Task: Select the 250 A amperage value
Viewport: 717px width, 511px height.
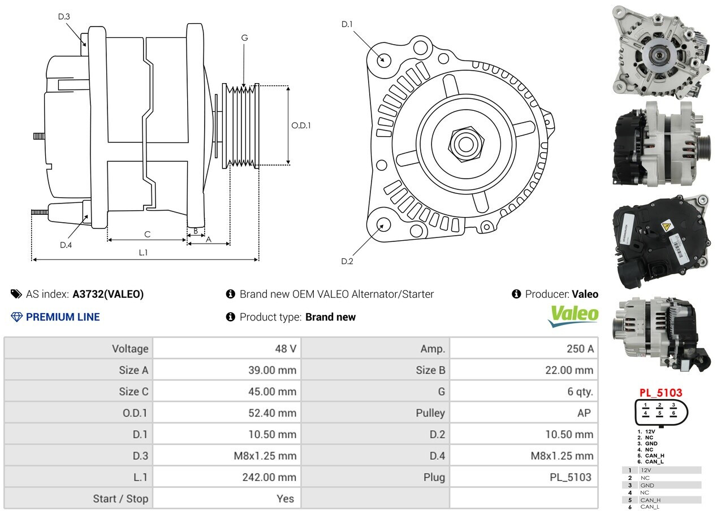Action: tap(580, 348)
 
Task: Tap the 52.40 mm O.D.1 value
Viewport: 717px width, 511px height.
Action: tap(272, 413)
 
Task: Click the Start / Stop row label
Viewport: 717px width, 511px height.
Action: tap(120, 499)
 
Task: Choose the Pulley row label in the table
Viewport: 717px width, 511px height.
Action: tap(430, 413)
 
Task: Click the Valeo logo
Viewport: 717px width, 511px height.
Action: tap(573, 316)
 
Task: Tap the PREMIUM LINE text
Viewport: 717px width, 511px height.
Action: tap(63, 317)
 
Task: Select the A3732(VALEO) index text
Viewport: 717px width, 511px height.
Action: tap(108, 294)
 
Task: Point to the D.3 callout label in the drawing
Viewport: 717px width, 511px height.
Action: tap(64, 16)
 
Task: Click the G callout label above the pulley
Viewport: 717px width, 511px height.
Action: tap(244, 38)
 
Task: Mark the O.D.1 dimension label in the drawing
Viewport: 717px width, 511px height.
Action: tap(301, 125)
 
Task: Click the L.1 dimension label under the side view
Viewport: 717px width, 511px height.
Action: tap(143, 253)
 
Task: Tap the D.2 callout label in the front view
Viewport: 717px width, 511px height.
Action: tap(347, 261)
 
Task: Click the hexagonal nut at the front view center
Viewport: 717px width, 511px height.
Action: tap(466, 144)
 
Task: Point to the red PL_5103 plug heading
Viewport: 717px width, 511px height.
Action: tap(660, 393)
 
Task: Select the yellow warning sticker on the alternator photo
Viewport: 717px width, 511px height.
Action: tap(667, 227)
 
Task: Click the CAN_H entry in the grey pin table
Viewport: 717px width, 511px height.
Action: tap(650, 500)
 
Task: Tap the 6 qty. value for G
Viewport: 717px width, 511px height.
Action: tap(580, 391)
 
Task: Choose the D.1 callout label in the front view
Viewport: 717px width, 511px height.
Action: tap(347, 24)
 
